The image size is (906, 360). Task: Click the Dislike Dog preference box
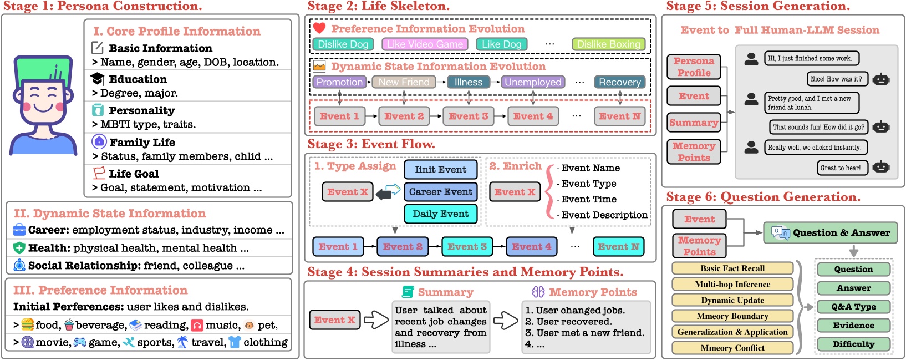[343, 44]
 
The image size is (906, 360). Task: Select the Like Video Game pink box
[425, 44]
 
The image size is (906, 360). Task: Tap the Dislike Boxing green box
[608, 44]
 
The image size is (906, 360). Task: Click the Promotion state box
[339, 82]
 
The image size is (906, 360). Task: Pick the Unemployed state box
[533, 82]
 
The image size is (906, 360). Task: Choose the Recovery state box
[619, 82]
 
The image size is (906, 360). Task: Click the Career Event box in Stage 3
[440, 192]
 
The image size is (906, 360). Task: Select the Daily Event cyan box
[440, 214]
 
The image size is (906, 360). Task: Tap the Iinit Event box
[440, 170]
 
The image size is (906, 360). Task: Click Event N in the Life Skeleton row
[619, 116]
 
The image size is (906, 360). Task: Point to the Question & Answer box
[830, 233]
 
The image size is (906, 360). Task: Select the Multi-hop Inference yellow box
[732, 285]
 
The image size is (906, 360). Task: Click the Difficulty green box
[853, 344]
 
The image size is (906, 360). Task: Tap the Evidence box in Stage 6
[853, 326]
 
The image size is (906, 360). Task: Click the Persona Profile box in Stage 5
[694, 67]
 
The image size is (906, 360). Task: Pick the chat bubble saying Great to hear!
[841, 168]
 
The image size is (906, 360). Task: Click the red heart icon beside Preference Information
[319, 28]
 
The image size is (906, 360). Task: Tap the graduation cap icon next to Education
[98, 79]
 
